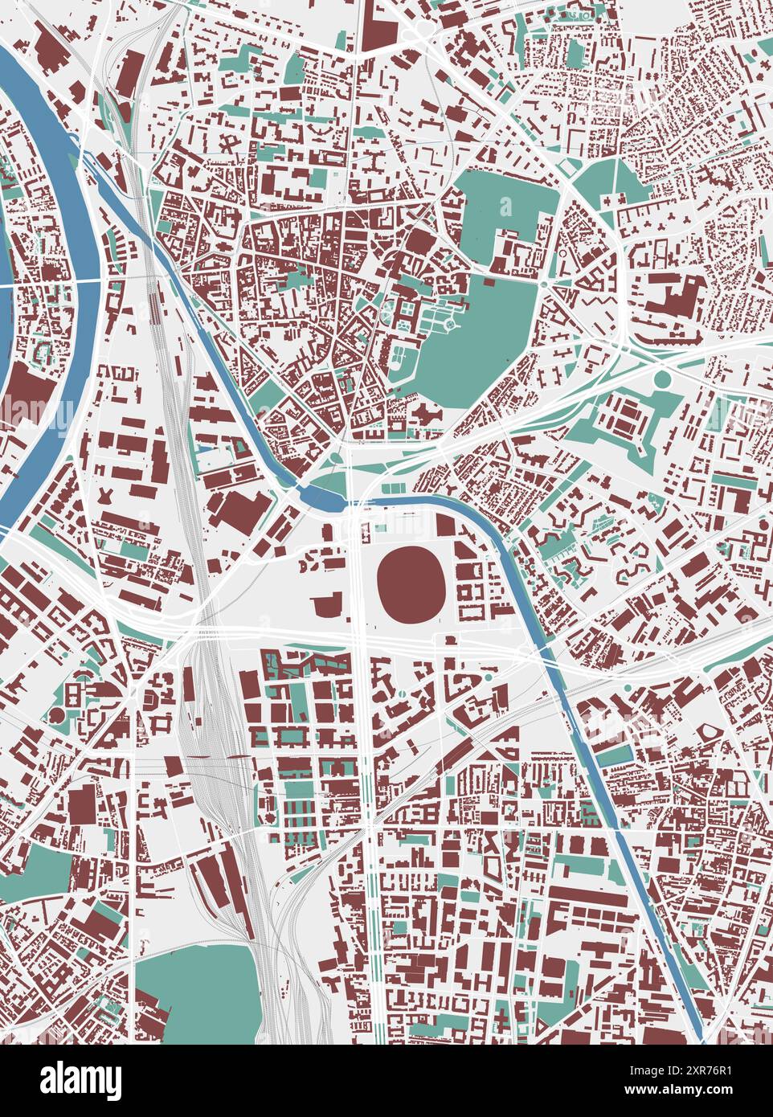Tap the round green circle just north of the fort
(x=663, y=379)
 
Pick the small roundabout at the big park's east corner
(x=542, y=284)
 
